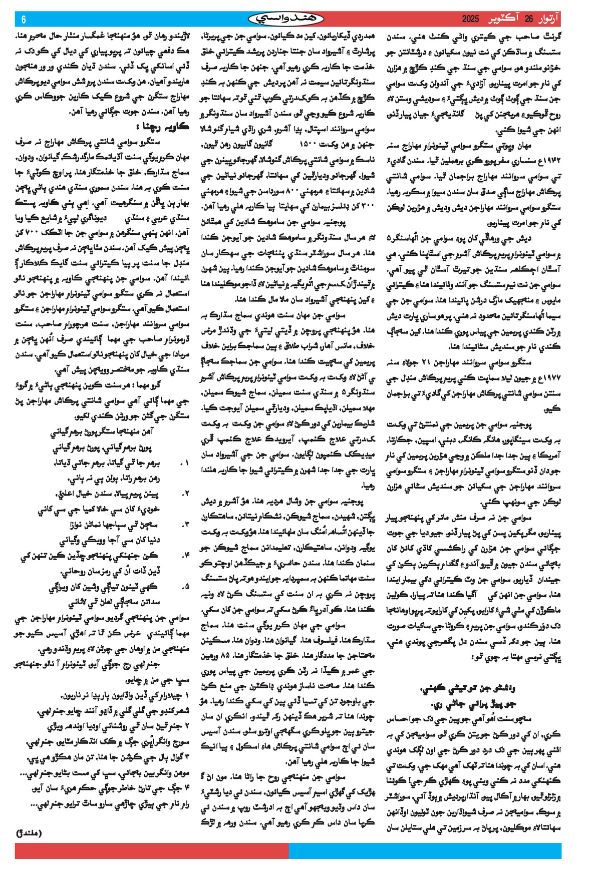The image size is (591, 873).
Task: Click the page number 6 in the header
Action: click(x=24, y=20)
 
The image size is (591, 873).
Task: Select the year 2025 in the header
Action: click(x=471, y=19)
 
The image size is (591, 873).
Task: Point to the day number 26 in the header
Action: click(x=529, y=19)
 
